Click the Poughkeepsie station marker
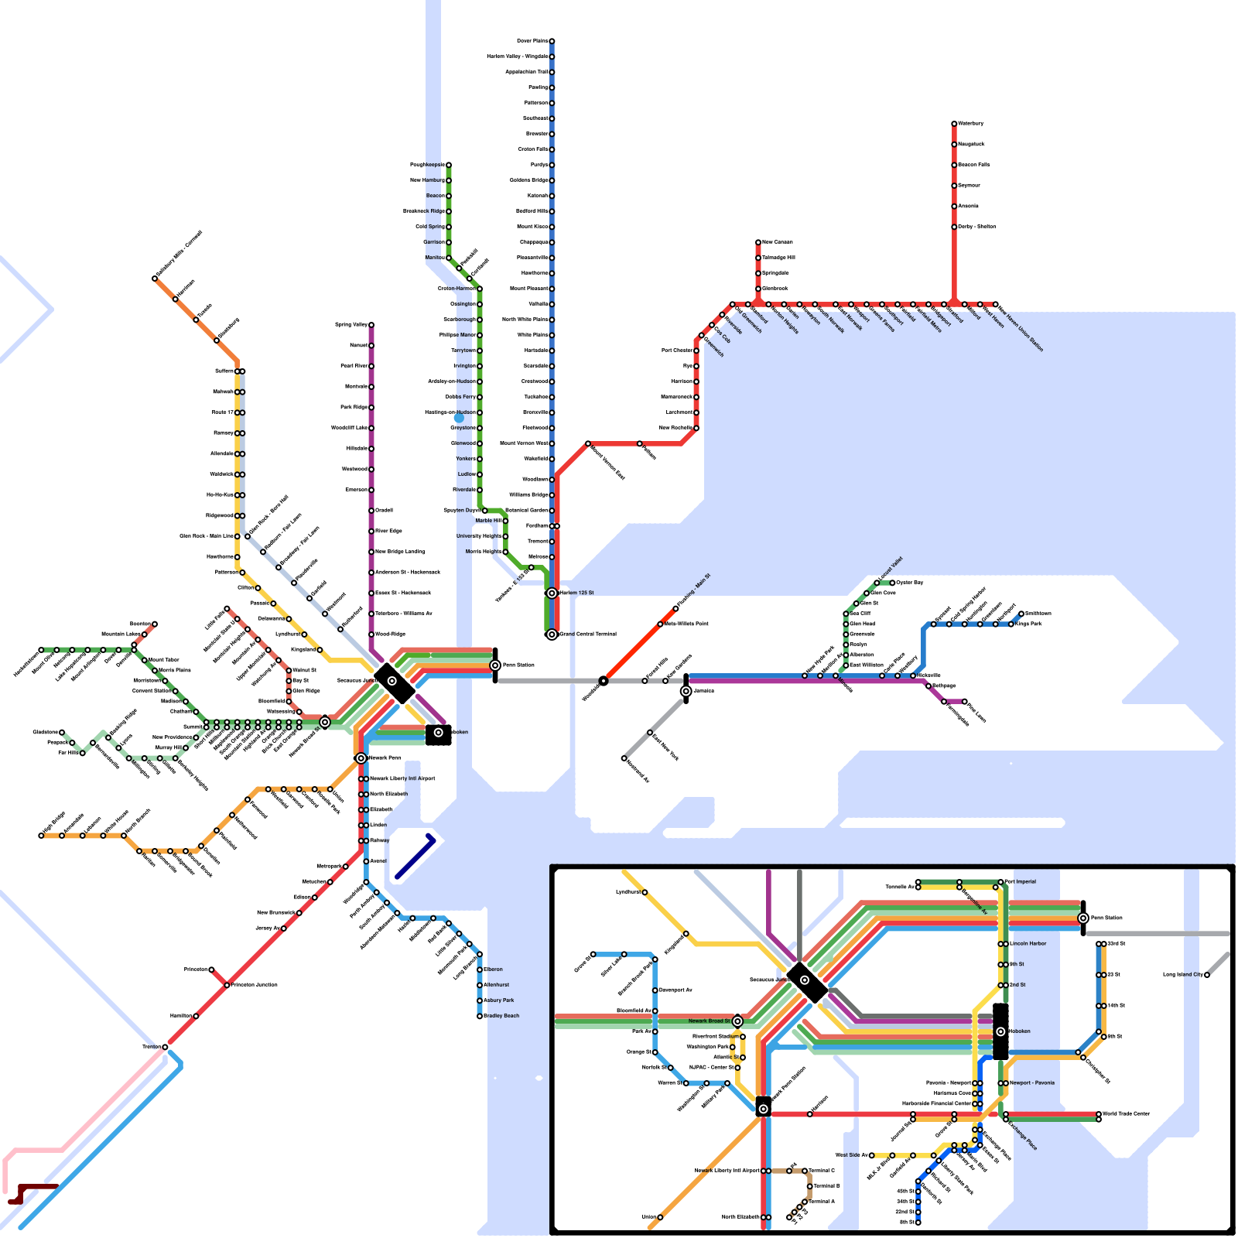coord(448,165)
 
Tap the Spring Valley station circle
coord(371,325)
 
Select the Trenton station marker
coord(165,1047)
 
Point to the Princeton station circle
coord(211,970)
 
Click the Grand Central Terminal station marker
coord(552,634)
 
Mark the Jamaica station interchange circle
coord(686,691)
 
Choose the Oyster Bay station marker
coord(892,583)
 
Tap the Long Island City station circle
coord(1206,975)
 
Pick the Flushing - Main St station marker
coord(675,608)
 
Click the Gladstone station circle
coord(62,732)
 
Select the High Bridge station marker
coord(41,836)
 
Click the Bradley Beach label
coord(501,1016)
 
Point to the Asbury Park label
coord(499,1000)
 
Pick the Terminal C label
coord(822,1171)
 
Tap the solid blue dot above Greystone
coord(459,418)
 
